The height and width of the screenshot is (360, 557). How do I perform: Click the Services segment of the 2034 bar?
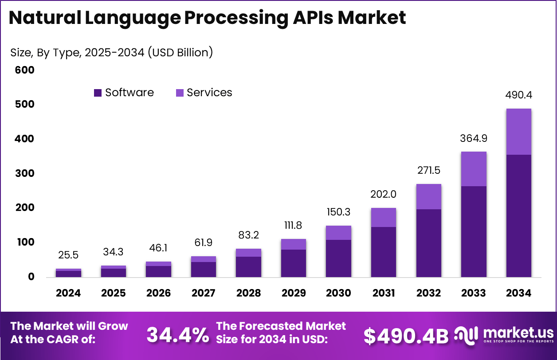pos(518,132)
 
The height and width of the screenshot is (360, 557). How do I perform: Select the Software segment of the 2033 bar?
pos(474,231)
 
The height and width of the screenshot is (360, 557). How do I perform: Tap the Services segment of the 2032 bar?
pos(428,196)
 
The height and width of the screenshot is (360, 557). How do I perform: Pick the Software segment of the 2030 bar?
pos(338,258)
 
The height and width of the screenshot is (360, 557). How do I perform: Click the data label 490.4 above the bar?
pos(518,95)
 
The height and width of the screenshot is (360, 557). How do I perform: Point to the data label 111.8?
pos(293,225)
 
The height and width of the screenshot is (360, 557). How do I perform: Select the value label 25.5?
pos(68,255)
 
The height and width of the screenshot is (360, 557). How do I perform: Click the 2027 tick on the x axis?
pos(204,293)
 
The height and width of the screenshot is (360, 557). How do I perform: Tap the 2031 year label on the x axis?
pos(384,293)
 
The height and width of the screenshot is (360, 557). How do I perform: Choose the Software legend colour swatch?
pos(98,93)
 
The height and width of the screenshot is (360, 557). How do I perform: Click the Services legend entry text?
pos(209,93)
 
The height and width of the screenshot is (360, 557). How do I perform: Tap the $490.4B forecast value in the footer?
pos(406,336)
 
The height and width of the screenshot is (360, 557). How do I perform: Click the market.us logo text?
pos(518,333)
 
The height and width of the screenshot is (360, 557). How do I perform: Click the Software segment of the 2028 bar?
pos(248,267)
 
